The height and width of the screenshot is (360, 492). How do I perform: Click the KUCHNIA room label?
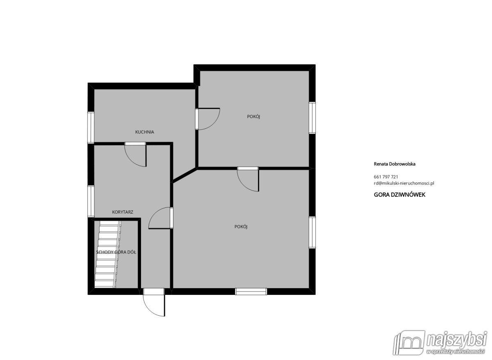click(x=144, y=132)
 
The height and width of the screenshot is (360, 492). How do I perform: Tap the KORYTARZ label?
click(x=123, y=212)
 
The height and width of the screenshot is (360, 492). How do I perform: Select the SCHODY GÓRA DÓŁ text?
click(x=116, y=252)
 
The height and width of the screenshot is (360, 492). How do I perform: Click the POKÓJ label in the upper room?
click(x=253, y=116)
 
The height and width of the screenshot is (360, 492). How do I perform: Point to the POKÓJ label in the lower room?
click(x=241, y=227)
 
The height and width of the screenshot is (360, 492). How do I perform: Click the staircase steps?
click(x=108, y=254)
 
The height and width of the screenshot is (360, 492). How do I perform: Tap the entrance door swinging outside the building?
click(x=153, y=302)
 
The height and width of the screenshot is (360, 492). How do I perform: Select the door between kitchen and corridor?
click(x=135, y=155)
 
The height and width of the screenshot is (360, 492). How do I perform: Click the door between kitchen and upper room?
click(x=207, y=119)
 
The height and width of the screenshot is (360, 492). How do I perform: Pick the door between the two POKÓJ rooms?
click(x=248, y=179)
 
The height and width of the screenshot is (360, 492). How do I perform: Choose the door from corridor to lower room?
click(x=161, y=218)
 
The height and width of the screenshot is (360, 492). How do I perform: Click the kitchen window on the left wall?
click(x=91, y=128)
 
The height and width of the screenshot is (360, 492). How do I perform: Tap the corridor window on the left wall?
click(x=91, y=201)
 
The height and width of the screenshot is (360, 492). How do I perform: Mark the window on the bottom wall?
click(x=251, y=292)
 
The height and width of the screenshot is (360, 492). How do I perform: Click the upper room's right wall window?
click(x=312, y=118)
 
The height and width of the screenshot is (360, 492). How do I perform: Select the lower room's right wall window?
click(x=312, y=232)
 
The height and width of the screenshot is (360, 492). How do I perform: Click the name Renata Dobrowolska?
click(x=394, y=164)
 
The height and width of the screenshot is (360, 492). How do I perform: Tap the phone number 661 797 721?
click(x=386, y=177)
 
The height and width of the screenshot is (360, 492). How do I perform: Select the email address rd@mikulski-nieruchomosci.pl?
click(x=404, y=183)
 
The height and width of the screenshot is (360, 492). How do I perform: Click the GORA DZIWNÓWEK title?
click(x=399, y=195)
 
